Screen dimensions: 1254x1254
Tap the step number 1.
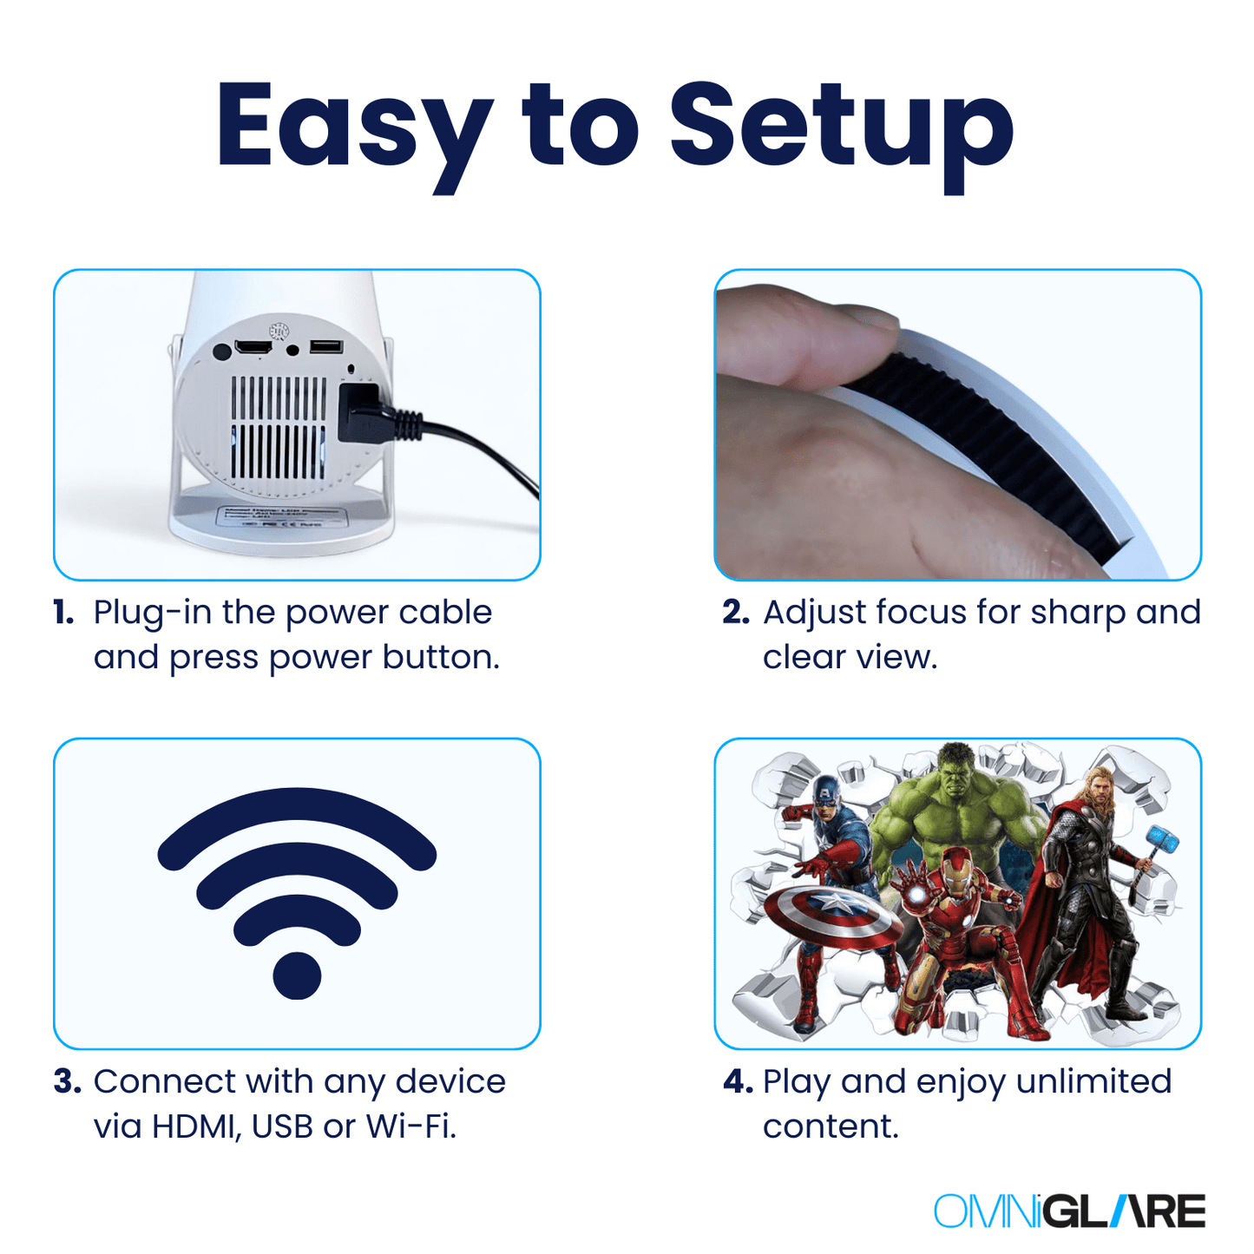pyautogui.click(x=63, y=613)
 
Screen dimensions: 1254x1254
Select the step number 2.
pyautogui.click(x=735, y=613)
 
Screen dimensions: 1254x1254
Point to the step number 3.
pyautogui.click(x=67, y=1082)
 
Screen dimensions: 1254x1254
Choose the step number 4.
pyautogui.click(x=738, y=1082)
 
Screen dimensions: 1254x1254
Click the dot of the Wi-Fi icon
pyautogui.click(x=297, y=975)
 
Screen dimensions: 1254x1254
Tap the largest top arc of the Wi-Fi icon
pyautogui.click(x=297, y=807)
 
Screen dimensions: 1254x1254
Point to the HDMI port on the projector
pyautogui.click(x=253, y=347)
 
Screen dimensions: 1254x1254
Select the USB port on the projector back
pyautogui.click(x=326, y=347)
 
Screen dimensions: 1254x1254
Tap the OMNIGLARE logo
pyautogui.click(x=1069, y=1211)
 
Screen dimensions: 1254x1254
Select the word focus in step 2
pyautogui.click(x=922, y=613)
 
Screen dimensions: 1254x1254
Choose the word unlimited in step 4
pyautogui.click(x=1093, y=1082)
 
